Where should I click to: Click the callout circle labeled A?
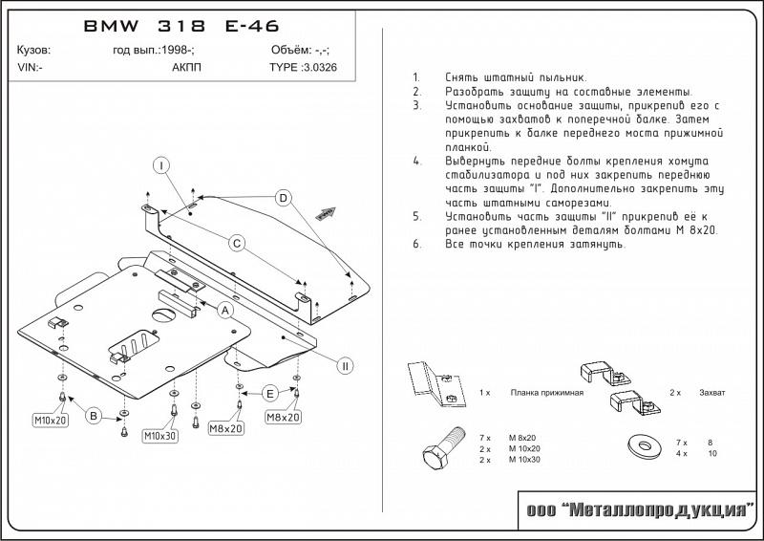pyautogui.click(x=226, y=310)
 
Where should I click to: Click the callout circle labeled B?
pyautogui.click(x=95, y=415)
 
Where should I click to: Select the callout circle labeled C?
pyautogui.click(x=238, y=245)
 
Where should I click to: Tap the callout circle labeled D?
pyautogui.click(x=283, y=198)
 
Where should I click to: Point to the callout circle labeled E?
pyautogui.click(x=270, y=394)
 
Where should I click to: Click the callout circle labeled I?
pyautogui.click(x=163, y=165)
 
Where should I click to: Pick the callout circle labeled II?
pyautogui.click(x=346, y=365)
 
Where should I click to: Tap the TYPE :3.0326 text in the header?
pyautogui.click(x=304, y=69)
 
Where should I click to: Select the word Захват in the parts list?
pyautogui.click(x=712, y=393)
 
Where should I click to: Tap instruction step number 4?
pyautogui.click(x=417, y=161)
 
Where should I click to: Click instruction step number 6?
pyautogui.click(x=417, y=244)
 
